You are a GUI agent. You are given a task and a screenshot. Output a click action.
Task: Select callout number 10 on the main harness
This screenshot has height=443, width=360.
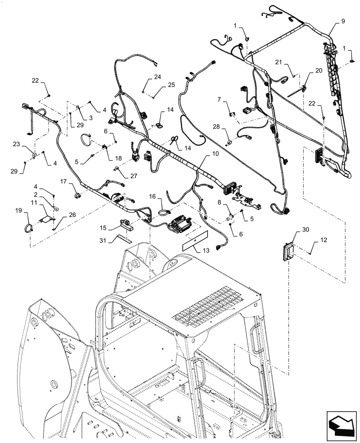[x=215, y=153]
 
